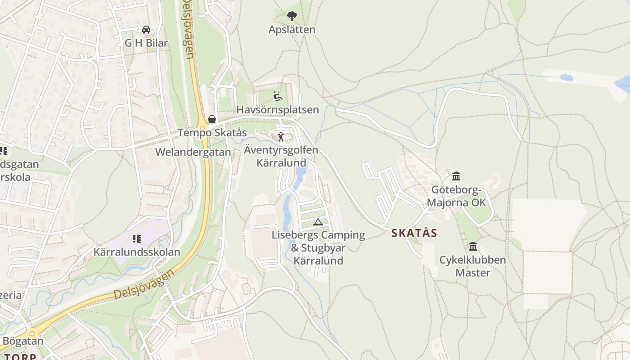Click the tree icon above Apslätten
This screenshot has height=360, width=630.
tap(292, 17)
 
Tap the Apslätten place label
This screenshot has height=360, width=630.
tap(292, 30)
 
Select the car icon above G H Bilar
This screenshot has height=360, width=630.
tap(146, 30)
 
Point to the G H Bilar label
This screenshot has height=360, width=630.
tap(146, 43)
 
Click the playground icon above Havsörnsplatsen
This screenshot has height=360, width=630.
tap(278, 96)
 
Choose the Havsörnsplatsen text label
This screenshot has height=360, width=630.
tap(278, 110)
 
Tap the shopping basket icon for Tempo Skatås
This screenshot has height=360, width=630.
tap(212, 119)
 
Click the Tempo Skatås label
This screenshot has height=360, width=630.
tap(212, 133)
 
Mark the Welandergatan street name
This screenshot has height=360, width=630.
tap(193, 152)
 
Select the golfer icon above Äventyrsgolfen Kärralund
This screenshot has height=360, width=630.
tap(281, 137)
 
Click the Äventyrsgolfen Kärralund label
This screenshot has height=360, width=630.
tap(281, 156)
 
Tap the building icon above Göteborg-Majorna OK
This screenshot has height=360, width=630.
tap(456, 176)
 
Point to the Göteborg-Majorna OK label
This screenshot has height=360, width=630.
tap(456, 196)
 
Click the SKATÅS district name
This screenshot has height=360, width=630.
tap(414, 233)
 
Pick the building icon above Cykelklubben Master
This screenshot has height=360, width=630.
tap(473, 247)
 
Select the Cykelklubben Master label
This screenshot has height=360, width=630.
tap(472, 266)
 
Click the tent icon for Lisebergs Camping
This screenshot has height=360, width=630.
tap(318, 221)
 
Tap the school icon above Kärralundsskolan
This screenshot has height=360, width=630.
tap(137, 239)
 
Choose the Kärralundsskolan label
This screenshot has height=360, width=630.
tap(137, 252)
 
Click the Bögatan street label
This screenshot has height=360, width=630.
tap(23, 341)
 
